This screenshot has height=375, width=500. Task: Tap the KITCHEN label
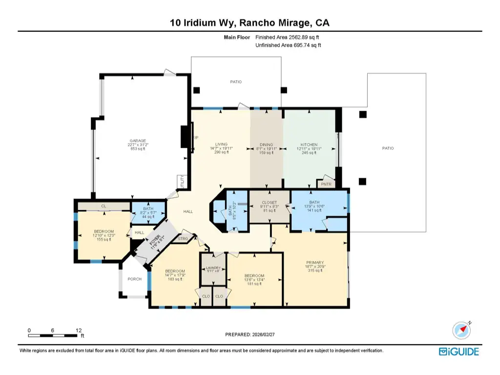point(309,145)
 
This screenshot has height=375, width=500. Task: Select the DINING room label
point(267,145)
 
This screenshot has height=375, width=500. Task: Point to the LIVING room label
point(222,145)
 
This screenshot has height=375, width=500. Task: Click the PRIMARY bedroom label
point(315,263)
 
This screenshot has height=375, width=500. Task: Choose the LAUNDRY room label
point(213,268)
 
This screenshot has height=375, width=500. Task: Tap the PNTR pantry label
point(326,184)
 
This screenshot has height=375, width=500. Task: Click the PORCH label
point(134,279)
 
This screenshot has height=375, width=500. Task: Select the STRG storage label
point(183,239)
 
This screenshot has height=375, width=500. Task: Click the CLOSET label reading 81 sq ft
point(269,203)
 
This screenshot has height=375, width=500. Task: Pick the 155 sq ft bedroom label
point(104,231)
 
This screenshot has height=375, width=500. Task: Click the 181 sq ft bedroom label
point(254,275)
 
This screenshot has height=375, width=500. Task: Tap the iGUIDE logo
point(458,352)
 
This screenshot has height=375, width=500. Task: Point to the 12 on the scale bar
point(79,331)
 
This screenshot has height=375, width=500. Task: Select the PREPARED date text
point(250,335)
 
